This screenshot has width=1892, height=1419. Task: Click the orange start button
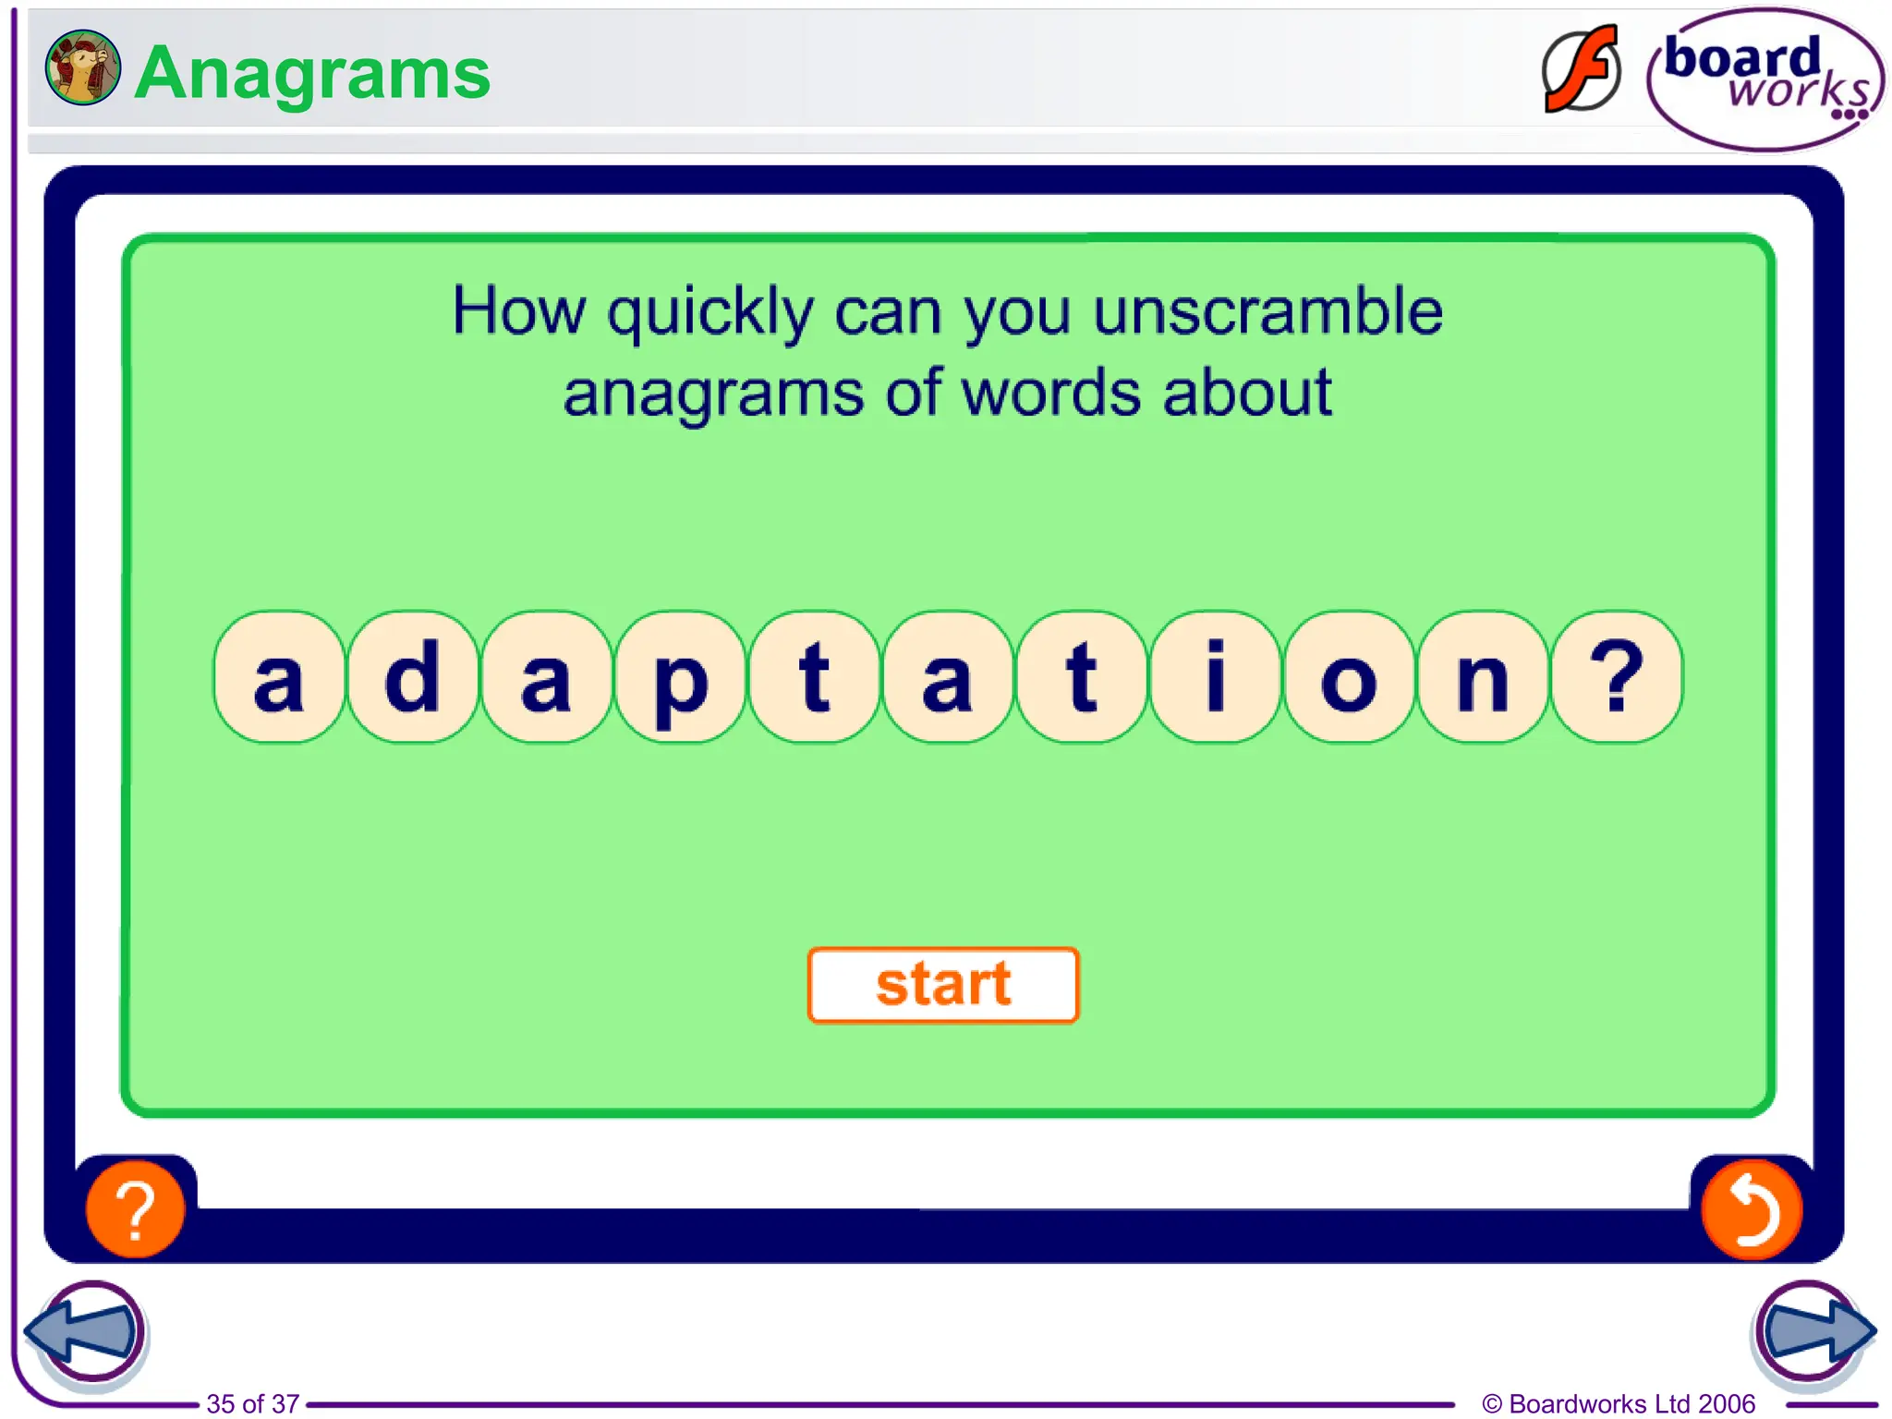[943, 985]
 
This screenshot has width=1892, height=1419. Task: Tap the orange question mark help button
[135, 1209]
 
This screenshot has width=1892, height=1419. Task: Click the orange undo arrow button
[1752, 1209]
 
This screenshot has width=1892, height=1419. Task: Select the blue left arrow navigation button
[85, 1331]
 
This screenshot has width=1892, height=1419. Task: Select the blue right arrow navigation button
[1813, 1331]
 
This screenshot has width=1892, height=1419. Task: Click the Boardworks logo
[1765, 79]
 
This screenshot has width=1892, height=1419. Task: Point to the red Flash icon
[1582, 70]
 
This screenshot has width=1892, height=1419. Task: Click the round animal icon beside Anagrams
[82, 67]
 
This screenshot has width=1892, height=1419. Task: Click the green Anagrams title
[312, 73]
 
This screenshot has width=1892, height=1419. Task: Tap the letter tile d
[412, 677]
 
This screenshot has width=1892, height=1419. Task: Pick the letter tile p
[680, 677]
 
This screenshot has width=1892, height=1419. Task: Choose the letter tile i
[1215, 677]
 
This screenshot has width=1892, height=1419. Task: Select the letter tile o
[1349, 677]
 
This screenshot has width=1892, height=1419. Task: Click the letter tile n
[1483, 677]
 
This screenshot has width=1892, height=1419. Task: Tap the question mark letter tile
[1617, 677]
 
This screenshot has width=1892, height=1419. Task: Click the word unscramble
[1267, 311]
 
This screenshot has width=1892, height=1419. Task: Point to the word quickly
[709, 313]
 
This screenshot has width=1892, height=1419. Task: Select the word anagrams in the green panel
[715, 394]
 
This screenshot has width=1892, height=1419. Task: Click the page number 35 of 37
[252, 1403]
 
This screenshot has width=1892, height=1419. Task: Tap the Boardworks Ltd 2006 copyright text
[1619, 1403]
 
